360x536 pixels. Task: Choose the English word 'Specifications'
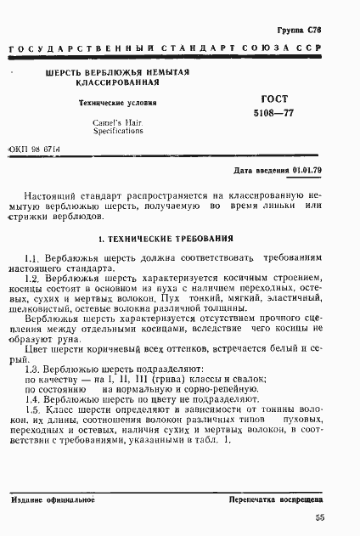coord(119,133)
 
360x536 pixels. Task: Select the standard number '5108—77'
coord(269,113)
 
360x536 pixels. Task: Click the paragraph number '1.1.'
coord(33,257)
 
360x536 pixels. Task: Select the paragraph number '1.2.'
coord(33,278)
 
